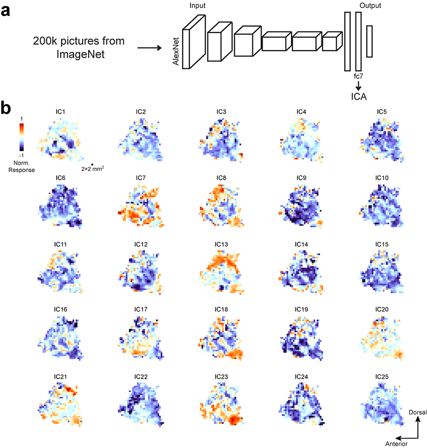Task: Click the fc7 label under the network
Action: [358, 76]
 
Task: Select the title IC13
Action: [222, 244]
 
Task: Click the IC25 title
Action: [382, 376]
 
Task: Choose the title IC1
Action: [61, 111]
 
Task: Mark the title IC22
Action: [141, 376]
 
